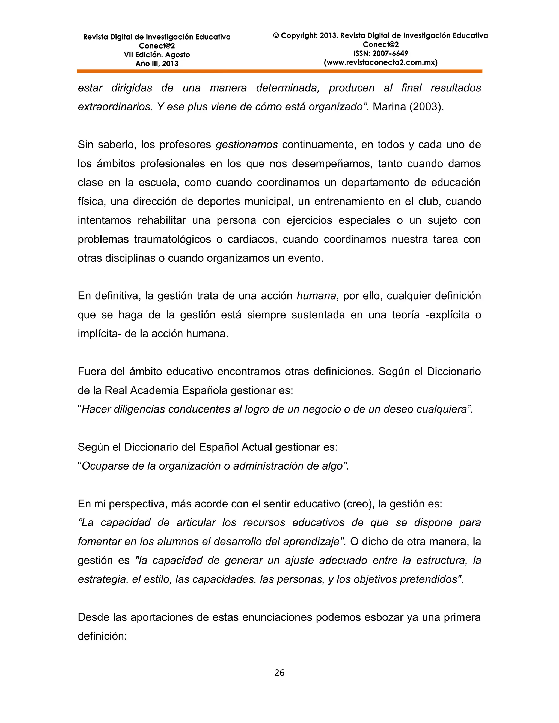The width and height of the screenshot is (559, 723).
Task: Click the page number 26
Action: point(279,672)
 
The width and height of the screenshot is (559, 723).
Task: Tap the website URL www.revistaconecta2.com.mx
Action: point(380,62)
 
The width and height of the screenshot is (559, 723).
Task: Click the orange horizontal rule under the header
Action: point(279,71)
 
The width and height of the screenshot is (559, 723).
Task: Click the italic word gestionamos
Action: point(247,145)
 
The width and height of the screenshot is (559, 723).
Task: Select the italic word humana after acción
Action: point(316,296)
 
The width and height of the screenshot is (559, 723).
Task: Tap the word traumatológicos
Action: point(172,239)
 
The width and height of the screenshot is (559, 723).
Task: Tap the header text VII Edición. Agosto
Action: point(157,55)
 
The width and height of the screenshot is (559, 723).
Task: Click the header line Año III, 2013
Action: point(157,64)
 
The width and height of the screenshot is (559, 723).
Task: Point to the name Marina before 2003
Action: point(389,107)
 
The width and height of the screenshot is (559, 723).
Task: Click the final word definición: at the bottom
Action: point(102,636)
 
